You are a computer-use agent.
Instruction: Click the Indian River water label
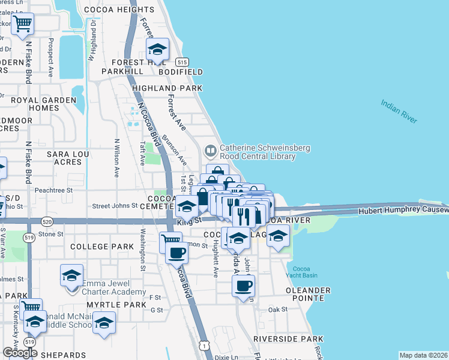click(399, 112)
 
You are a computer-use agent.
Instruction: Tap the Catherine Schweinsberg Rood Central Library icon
click(211, 150)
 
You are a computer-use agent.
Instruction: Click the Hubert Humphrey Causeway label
click(402, 211)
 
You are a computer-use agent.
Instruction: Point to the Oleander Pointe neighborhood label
click(308, 295)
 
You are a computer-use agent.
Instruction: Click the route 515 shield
click(181, 62)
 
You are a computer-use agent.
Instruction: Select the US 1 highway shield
click(206, 346)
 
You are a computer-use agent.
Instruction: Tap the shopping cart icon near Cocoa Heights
click(22, 25)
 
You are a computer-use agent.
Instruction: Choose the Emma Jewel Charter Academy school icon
click(71, 276)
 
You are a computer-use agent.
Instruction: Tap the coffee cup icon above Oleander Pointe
click(243, 286)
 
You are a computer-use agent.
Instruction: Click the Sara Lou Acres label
click(64, 158)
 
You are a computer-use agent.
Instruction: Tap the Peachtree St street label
click(53, 190)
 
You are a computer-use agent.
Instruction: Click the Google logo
click(19, 352)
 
